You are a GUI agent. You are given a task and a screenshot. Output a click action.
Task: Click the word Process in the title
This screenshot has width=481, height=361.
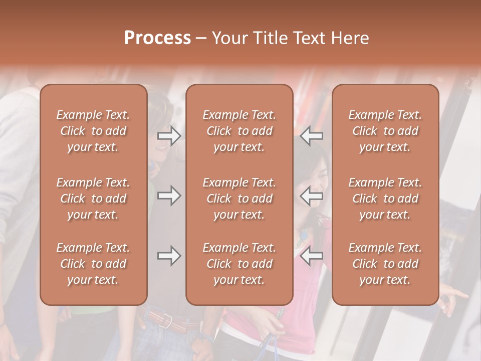click(157, 38)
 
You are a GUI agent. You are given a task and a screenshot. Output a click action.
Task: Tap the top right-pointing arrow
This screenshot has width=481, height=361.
click(169, 136)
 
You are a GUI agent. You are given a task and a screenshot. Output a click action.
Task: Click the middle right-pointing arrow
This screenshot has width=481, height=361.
click(169, 196)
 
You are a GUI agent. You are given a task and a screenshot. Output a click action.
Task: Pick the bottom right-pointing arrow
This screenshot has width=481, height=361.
click(169, 256)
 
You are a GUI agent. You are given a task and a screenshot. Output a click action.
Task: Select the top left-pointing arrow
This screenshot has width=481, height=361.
click(312, 136)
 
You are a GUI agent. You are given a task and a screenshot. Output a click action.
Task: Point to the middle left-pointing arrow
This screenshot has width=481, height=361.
click(312, 196)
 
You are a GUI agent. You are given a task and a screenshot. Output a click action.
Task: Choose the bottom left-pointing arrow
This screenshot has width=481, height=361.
click(312, 256)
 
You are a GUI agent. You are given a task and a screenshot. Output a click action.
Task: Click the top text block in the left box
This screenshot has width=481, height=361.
click(93, 131)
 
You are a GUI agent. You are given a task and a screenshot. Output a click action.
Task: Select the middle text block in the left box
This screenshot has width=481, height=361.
click(93, 199)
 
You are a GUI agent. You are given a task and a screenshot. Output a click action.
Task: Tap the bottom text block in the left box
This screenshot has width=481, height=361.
click(93, 264)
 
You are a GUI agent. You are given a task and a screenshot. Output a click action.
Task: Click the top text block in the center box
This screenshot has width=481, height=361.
click(239, 131)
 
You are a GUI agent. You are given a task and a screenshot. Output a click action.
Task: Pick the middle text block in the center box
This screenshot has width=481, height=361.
click(239, 199)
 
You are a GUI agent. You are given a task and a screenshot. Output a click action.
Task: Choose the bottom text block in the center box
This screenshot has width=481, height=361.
click(239, 264)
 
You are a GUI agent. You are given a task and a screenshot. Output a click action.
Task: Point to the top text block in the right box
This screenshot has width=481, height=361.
click(385, 131)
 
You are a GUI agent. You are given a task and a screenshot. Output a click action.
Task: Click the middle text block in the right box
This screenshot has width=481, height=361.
click(385, 199)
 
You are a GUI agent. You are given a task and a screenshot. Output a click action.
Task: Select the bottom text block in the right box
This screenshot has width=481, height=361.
click(385, 264)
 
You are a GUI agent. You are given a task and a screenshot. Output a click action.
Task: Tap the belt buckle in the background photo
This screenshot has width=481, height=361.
click(167, 319)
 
